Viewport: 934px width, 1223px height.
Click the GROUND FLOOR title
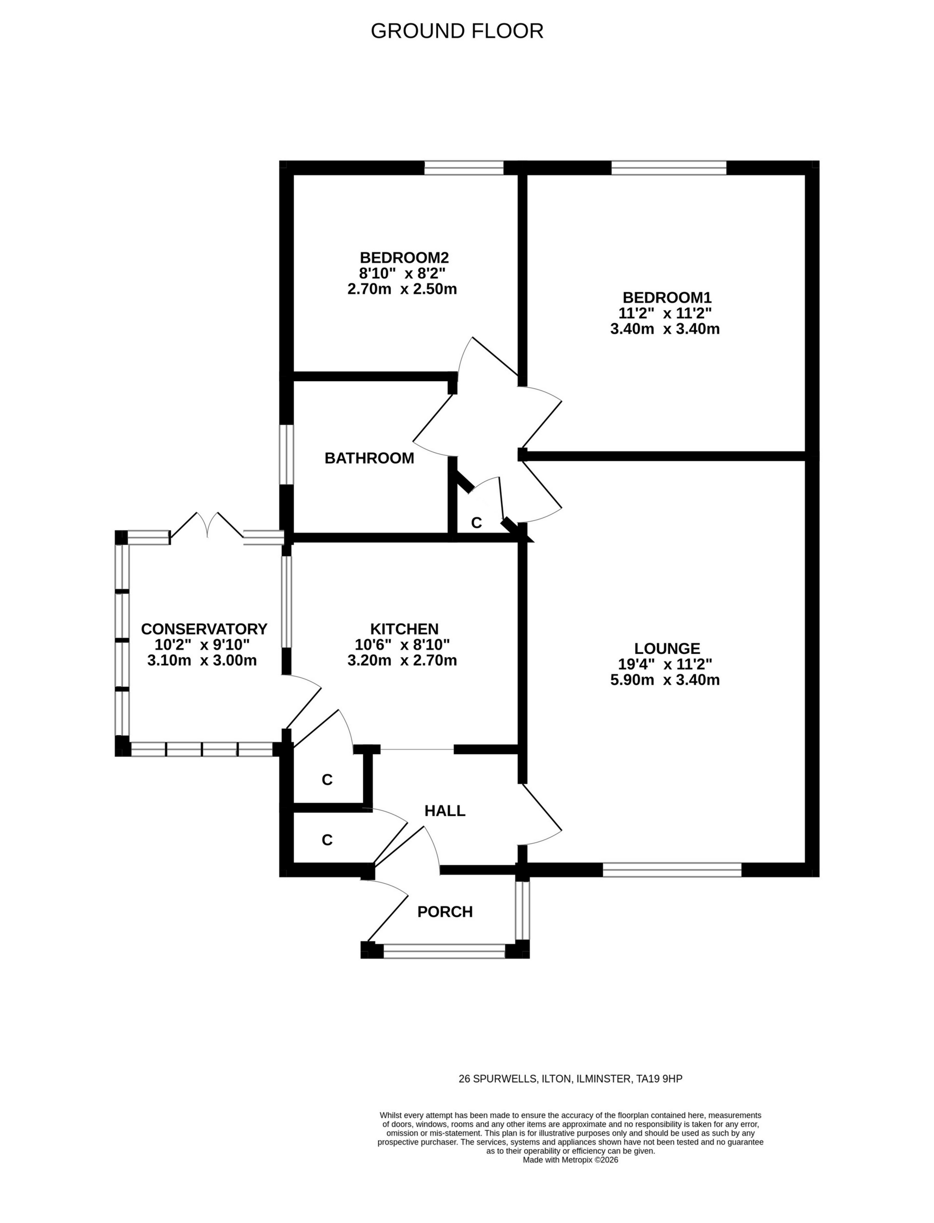[457, 31]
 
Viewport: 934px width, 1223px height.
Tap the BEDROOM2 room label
[404, 258]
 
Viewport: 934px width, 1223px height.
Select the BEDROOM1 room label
[666, 297]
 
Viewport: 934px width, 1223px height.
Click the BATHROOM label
[369, 458]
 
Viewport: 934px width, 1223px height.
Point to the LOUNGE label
[667, 648]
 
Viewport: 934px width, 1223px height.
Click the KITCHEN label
[404, 629]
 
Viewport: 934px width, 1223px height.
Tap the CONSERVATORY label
[204, 629]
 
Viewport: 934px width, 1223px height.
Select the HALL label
[445, 811]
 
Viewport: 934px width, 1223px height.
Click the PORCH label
[445, 912]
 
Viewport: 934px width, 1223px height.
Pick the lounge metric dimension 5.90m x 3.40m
[665, 680]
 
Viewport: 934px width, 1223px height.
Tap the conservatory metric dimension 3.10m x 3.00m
[202, 661]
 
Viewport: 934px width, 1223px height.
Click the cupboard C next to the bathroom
[476, 523]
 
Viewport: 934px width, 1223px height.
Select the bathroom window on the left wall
[286, 455]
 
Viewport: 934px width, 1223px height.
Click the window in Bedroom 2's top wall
[464, 168]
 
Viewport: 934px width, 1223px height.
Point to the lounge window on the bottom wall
[672, 870]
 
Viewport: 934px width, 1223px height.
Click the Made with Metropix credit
[571, 1160]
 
